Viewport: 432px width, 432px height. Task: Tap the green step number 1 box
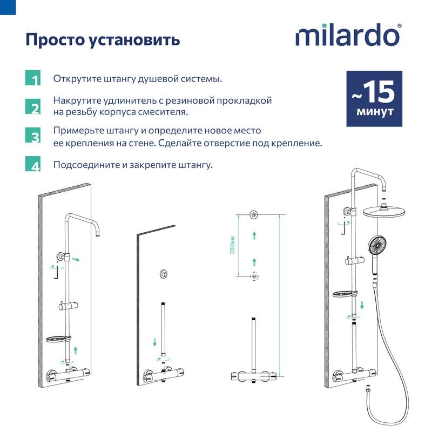(33, 78)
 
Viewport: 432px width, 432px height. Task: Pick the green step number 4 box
(33, 164)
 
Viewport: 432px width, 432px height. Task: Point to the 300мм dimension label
(232, 245)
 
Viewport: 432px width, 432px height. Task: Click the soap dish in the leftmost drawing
(57, 340)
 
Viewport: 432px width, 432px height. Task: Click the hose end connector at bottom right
(368, 388)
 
